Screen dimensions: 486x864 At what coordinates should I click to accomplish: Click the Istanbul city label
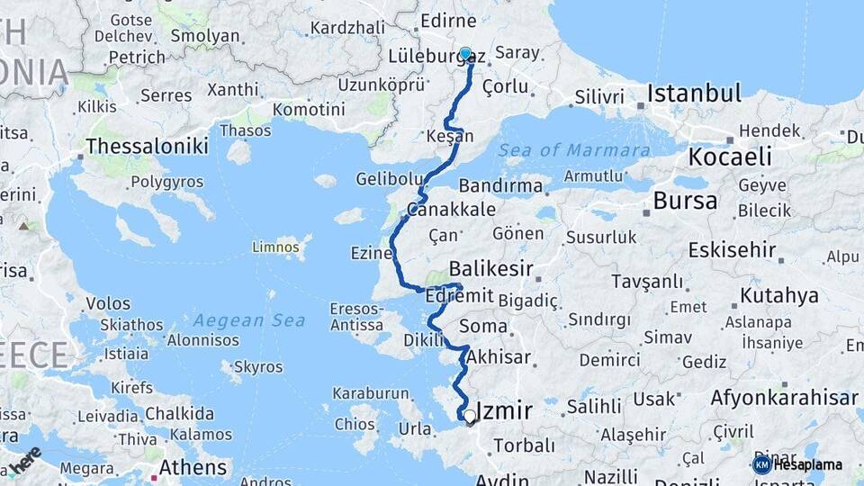coord(694,94)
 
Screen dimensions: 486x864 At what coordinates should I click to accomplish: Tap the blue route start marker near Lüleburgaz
coord(465,54)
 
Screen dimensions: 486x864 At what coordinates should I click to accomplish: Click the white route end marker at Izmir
coord(469,416)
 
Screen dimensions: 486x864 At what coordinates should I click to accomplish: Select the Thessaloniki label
coord(147,146)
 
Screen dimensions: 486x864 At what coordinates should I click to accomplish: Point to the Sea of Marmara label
coord(574,150)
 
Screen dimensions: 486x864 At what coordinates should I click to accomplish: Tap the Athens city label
coord(193,467)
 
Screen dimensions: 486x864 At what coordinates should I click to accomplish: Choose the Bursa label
coord(685,201)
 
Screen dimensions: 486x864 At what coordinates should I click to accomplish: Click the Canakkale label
coord(451,210)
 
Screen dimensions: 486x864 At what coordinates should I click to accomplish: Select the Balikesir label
coord(490,268)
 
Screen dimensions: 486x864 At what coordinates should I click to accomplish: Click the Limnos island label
coord(274,246)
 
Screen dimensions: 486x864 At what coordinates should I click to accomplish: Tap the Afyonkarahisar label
coord(784,397)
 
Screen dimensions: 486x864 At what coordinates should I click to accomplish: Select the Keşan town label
coord(451,137)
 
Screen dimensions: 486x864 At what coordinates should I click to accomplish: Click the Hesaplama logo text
coord(807,464)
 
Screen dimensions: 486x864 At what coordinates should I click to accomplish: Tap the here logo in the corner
coord(24,460)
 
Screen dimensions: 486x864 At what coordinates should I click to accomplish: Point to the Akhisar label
coord(499,357)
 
